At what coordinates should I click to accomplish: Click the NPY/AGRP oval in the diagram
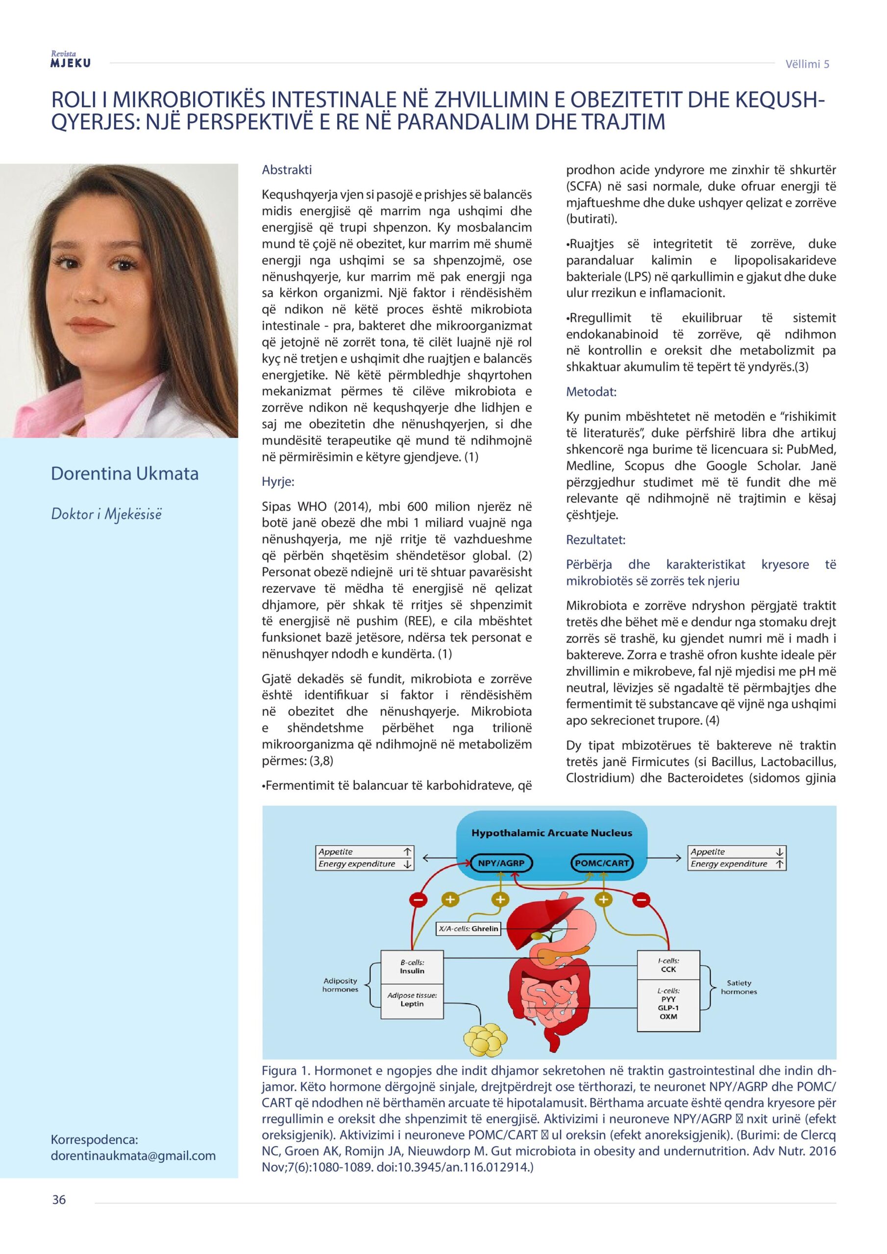point(501,864)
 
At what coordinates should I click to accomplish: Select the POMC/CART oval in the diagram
point(601,864)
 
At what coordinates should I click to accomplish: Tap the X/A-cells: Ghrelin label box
point(469,928)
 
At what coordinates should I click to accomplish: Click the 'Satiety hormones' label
point(739,987)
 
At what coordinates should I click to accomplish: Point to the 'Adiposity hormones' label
point(340,985)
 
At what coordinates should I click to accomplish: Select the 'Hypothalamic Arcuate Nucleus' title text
point(551,833)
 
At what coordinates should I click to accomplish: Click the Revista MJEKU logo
point(71,60)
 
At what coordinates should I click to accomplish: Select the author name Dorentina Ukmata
point(124,473)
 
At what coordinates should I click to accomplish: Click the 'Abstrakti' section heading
point(287,170)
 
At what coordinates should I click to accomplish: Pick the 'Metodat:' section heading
point(591,391)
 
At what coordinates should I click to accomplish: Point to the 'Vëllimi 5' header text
point(807,64)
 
